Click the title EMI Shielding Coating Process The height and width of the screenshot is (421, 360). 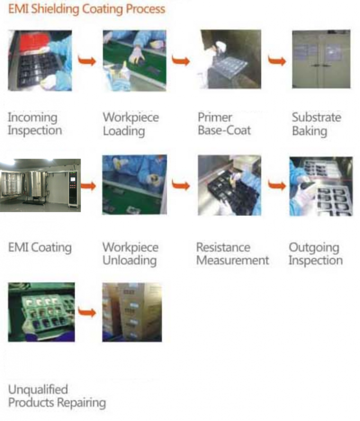coord(86,9)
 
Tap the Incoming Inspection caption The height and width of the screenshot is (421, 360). coord(34,124)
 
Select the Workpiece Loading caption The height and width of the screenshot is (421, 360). coord(130,124)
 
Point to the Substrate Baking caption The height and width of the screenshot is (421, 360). coord(316,124)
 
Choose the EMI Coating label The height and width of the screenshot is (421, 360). coord(40,247)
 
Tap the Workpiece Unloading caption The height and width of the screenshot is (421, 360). coord(130,253)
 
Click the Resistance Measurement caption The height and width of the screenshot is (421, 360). coord(232,253)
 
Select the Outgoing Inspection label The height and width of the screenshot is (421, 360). coord(316,253)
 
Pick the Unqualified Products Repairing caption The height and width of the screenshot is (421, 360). coord(57,396)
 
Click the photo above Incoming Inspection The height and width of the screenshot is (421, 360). coord(40,60)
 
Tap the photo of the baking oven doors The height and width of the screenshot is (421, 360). coord(321,59)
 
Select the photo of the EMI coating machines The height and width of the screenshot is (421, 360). coord(40,185)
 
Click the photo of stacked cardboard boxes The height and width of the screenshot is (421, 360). coord(132,312)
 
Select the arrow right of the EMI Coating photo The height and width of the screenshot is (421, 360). coord(88,186)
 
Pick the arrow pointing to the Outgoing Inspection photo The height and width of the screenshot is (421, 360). coord(276,186)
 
